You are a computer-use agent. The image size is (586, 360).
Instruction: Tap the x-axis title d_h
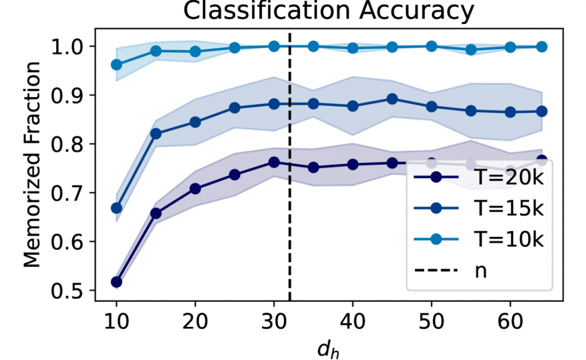click(x=330, y=346)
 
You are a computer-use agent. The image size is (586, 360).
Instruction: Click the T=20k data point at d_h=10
click(x=116, y=282)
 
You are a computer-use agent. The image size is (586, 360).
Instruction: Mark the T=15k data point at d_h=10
click(x=116, y=208)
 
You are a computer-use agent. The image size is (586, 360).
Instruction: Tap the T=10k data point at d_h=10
click(x=116, y=65)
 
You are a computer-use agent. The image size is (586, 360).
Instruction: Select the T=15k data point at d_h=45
click(x=392, y=99)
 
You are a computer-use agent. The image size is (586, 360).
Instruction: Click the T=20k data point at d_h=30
click(x=274, y=162)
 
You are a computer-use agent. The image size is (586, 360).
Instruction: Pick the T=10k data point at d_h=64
click(x=541, y=46)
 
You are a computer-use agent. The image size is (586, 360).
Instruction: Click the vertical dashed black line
click(x=290, y=229)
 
